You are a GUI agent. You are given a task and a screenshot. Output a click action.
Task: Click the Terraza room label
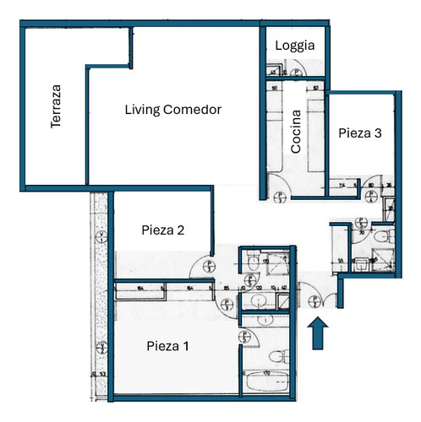(56, 105)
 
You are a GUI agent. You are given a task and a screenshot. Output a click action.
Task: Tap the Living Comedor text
(172, 110)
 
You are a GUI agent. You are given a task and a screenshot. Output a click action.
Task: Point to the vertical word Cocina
(296, 131)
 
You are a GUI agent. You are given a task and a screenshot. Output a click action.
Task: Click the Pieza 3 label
(360, 133)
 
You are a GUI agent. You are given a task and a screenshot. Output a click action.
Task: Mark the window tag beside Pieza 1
(101, 346)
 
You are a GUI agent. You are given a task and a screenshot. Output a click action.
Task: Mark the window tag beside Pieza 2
(101, 236)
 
